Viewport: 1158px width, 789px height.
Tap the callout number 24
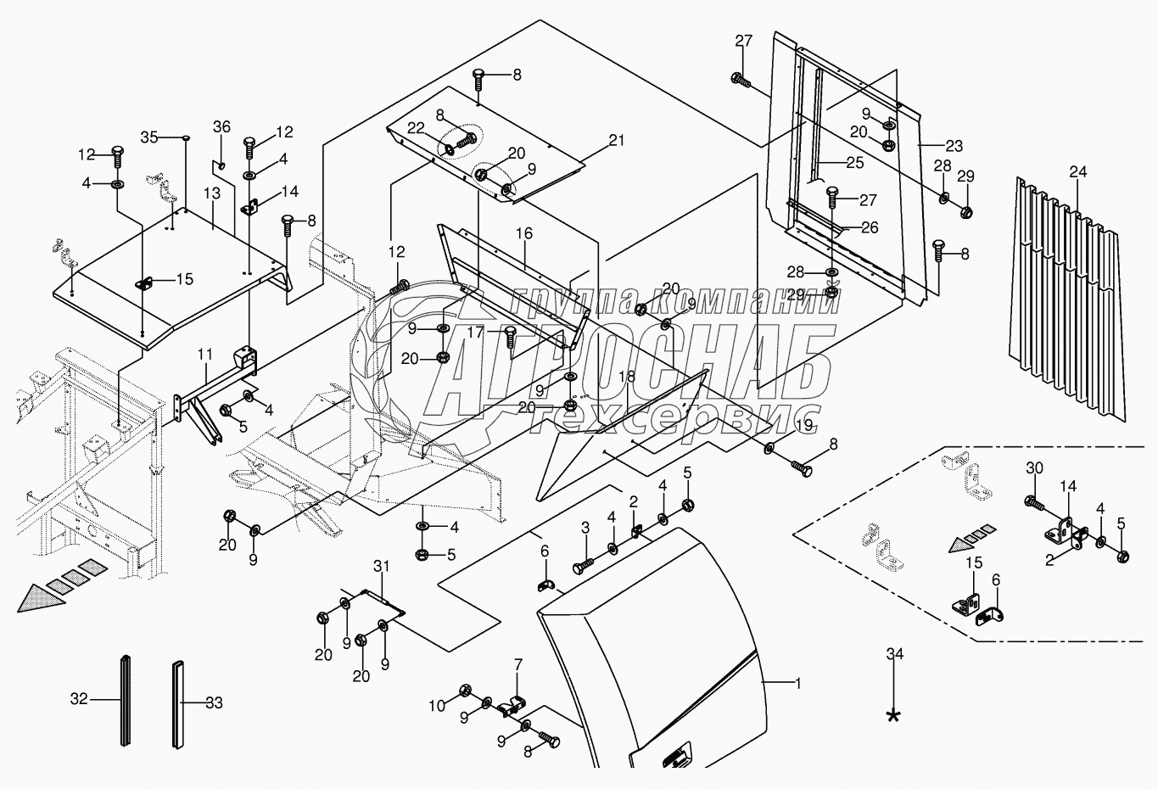click(x=1077, y=172)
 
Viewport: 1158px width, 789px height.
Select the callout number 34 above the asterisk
click(x=893, y=653)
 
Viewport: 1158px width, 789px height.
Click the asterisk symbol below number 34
click(x=892, y=716)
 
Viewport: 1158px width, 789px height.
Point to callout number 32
click(x=79, y=700)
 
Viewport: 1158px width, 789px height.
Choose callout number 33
click(x=214, y=702)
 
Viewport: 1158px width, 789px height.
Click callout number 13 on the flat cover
click(x=211, y=194)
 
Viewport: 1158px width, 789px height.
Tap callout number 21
click(x=616, y=140)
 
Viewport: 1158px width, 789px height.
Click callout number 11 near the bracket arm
click(x=204, y=351)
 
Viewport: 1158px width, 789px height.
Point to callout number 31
click(x=381, y=566)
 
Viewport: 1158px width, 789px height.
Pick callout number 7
click(x=517, y=664)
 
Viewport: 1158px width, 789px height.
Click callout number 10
click(x=436, y=706)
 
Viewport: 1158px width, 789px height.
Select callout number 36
click(x=221, y=127)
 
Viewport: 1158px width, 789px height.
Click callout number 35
click(x=149, y=137)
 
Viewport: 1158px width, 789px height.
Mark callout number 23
click(x=954, y=146)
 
